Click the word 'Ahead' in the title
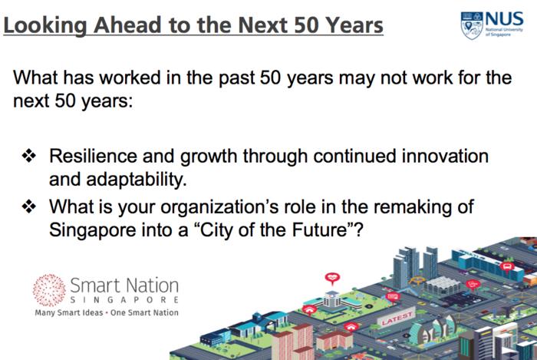point(127,25)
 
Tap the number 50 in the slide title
point(306,25)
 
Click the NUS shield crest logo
point(472,25)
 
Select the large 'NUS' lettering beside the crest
point(504,19)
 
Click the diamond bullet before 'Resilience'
point(29,156)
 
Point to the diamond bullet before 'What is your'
point(29,206)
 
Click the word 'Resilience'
point(93,156)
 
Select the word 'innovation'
point(445,156)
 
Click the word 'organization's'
point(219,207)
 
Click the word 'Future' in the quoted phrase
point(320,230)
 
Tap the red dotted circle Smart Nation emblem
point(49,290)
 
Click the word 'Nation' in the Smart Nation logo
point(152,285)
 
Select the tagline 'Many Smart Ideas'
point(69,312)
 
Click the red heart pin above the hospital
point(332,278)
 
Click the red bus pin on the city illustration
point(506,267)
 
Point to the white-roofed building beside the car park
point(441,285)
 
